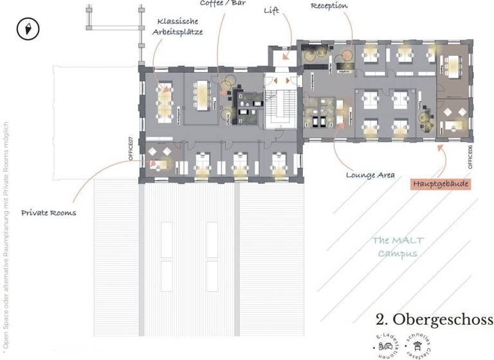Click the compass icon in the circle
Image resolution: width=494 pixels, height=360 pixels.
pos(28,29)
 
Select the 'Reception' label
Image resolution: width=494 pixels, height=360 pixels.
pos(329,6)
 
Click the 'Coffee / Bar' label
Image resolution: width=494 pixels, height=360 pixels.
pos(223,3)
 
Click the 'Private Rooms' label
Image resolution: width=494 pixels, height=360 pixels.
pos(48,213)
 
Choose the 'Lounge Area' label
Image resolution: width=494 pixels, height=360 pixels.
pos(370,174)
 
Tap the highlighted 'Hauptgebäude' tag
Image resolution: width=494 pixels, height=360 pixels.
pos(441,184)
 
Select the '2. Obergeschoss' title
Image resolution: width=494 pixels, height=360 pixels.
pos(434,319)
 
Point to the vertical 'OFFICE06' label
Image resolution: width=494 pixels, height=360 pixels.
pos(471,156)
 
